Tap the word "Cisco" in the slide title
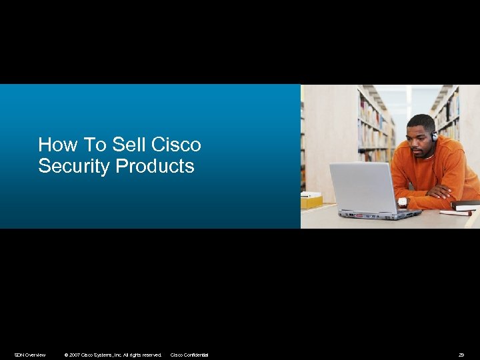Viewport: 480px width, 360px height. click(177, 145)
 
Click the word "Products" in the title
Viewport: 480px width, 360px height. click(155, 166)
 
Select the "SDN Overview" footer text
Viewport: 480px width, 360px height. click(30, 355)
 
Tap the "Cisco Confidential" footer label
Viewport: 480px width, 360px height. click(189, 355)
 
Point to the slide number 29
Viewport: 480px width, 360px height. click(461, 355)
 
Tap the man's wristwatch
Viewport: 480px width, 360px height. click(402, 202)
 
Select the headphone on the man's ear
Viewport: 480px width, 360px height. click(434, 136)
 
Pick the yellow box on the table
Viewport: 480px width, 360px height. click(311, 201)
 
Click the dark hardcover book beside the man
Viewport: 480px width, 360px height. click(465, 205)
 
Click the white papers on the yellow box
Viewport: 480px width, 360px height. click(311, 195)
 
